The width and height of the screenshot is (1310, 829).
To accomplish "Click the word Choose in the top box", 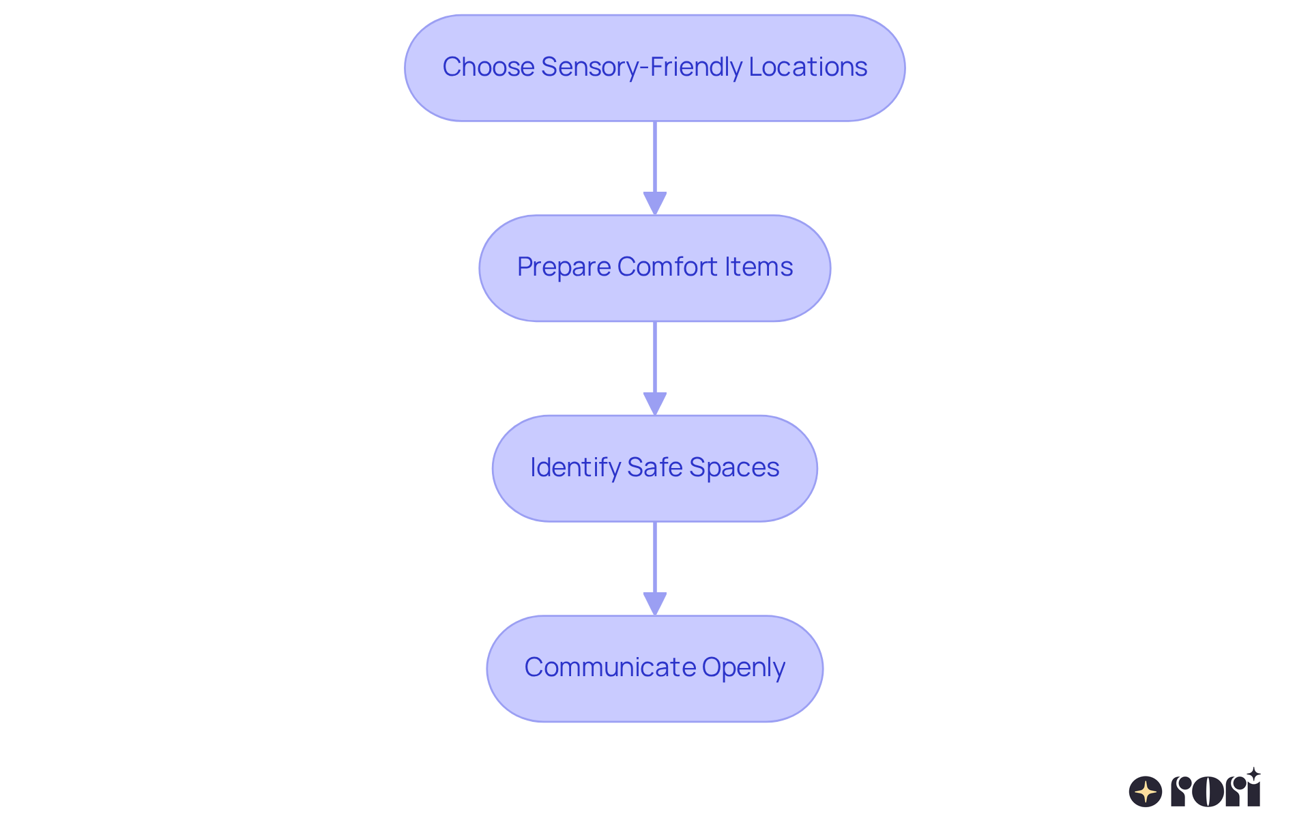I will [488, 67].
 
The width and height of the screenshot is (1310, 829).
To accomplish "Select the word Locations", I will [808, 67].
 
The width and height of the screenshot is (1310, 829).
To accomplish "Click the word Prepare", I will [563, 267].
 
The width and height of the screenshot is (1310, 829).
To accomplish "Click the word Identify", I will [575, 467].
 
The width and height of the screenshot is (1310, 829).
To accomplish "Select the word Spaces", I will [734, 467].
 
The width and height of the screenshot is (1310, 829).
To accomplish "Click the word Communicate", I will [609, 667].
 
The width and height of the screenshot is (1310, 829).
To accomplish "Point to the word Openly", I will [744, 667].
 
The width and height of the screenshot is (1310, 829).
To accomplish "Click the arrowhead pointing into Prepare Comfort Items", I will [655, 203].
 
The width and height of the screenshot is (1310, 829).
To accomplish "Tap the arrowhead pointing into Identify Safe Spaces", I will [655, 403].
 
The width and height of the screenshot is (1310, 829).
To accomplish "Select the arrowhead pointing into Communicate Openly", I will [655, 603].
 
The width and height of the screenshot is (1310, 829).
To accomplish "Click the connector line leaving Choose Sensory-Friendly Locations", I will [655, 157].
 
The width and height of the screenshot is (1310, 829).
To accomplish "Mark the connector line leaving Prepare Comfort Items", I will [655, 357].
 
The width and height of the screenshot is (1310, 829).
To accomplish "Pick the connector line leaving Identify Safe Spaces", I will [655, 557].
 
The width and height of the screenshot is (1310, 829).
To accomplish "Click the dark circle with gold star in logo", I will [1146, 791].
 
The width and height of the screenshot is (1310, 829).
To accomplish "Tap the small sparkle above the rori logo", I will [1253, 774].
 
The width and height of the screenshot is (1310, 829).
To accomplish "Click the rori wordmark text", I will [1215, 791].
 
